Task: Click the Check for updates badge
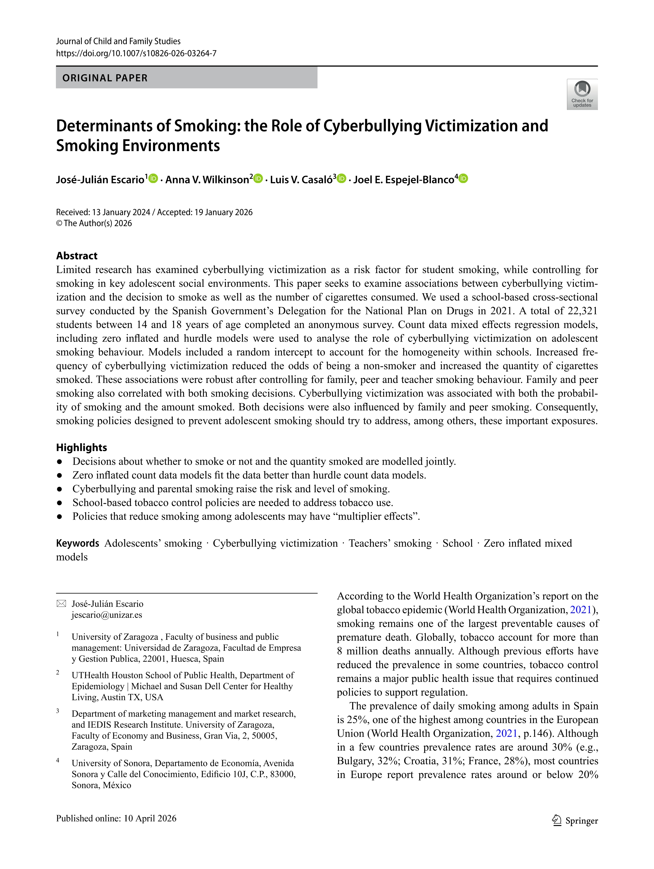coord(582,94)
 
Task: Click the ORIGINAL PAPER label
coord(105,78)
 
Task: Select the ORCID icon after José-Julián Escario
coord(153,179)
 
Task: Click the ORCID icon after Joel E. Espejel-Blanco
coord(464,179)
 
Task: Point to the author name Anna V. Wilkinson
coord(207,180)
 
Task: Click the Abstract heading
coord(76,256)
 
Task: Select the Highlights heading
coord(81,448)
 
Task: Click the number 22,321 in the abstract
coord(583,311)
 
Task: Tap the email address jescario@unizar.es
coord(107,615)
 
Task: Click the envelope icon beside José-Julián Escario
coord(61,604)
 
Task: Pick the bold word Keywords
coord(77,543)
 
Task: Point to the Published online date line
coord(116,818)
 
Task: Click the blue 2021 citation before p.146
coord(506,733)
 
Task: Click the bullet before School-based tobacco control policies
coord(60,503)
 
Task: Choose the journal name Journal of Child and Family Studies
coord(118,41)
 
